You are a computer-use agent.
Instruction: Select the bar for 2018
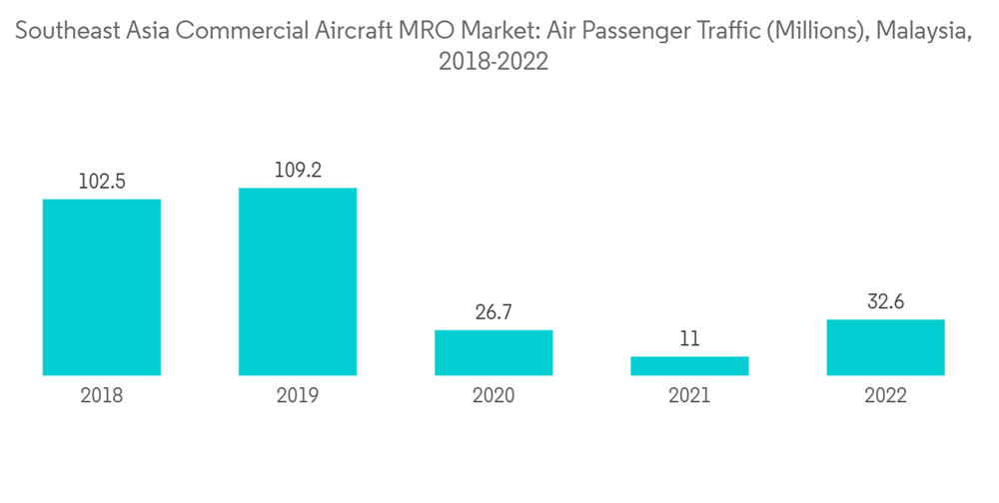(x=102, y=287)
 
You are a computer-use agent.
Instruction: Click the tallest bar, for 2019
(x=298, y=281)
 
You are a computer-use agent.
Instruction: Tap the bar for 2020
(x=494, y=352)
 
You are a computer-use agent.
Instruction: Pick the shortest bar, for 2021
(x=689, y=366)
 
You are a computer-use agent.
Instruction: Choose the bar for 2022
(x=885, y=347)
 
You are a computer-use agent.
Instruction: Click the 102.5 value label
(x=102, y=182)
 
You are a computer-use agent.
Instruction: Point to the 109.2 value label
(x=298, y=171)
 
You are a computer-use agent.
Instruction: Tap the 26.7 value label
(x=494, y=312)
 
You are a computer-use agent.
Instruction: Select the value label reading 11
(x=689, y=339)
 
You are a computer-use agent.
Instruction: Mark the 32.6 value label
(x=885, y=302)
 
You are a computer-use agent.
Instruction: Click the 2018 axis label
(x=102, y=396)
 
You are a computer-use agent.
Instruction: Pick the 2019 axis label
(x=298, y=396)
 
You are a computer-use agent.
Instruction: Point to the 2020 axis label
(x=494, y=396)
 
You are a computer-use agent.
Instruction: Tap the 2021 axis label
(x=689, y=396)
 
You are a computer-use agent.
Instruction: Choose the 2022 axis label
(x=885, y=396)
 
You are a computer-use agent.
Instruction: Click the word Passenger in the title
(x=644, y=32)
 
